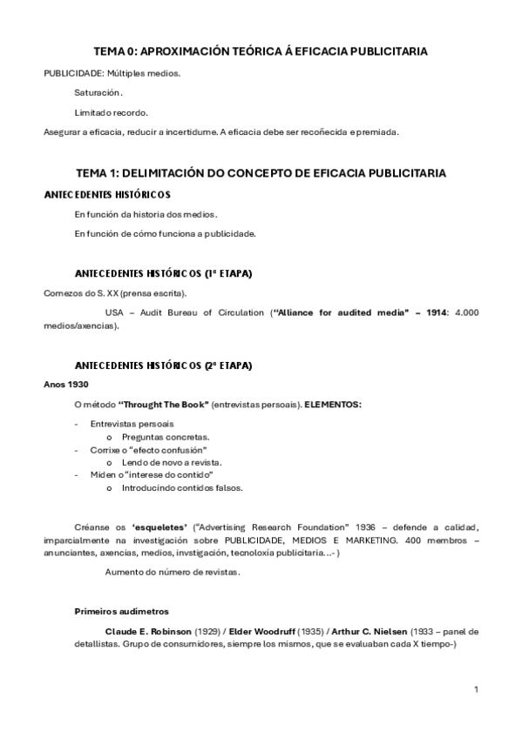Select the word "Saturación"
click(98, 92)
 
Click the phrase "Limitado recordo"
click(111, 112)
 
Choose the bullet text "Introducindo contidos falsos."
click(182, 488)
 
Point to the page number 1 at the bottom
click(476, 689)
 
